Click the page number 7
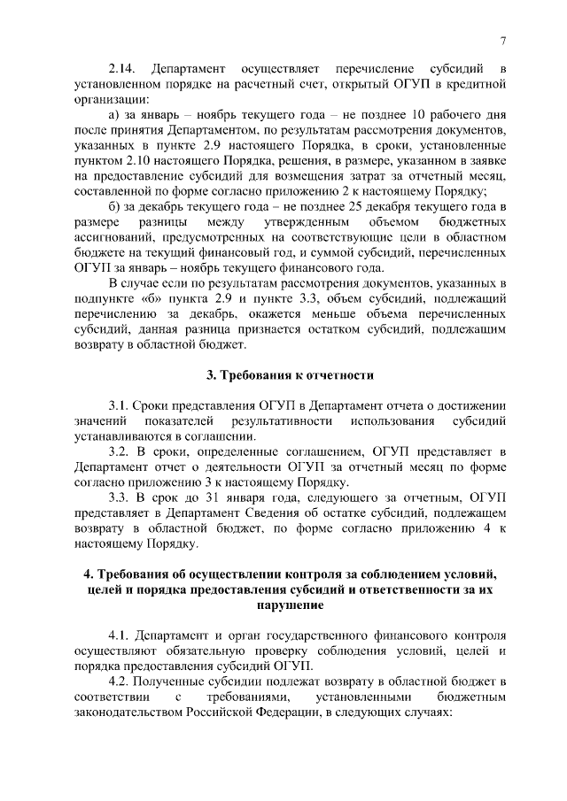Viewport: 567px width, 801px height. (x=502, y=41)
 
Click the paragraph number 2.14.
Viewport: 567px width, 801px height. (x=122, y=69)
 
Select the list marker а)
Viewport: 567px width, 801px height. (x=115, y=115)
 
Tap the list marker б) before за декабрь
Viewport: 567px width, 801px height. (x=115, y=206)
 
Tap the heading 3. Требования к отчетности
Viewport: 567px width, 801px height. (x=289, y=374)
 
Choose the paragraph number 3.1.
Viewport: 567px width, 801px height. (x=120, y=405)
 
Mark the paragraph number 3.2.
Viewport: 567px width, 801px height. (x=120, y=451)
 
